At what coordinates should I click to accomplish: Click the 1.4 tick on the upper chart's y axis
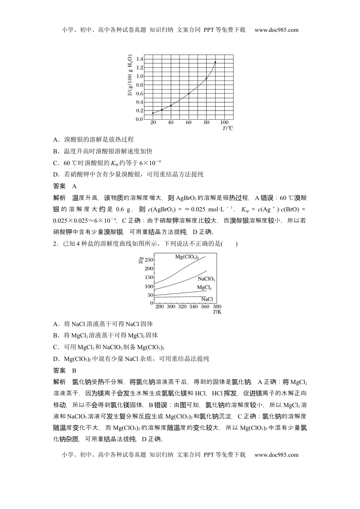(139, 59)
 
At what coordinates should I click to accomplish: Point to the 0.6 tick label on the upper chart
(139, 94)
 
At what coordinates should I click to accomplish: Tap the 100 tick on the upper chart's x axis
(224, 122)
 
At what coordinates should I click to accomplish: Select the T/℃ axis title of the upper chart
(228, 128)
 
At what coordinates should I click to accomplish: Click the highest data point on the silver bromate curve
(215, 62)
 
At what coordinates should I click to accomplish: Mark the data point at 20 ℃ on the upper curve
(153, 113)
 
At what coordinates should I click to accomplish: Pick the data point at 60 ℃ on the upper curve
(189, 94)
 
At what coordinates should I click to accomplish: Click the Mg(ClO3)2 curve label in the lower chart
(187, 257)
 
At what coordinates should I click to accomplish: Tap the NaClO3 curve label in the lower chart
(206, 279)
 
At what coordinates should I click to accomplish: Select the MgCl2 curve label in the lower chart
(204, 287)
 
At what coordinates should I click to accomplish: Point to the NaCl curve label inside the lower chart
(207, 299)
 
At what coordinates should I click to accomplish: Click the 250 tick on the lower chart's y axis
(149, 260)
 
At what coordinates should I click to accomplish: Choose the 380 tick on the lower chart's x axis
(217, 306)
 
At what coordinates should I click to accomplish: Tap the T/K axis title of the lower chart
(217, 312)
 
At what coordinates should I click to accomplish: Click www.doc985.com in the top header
(276, 30)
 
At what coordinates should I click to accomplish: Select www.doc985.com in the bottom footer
(276, 455)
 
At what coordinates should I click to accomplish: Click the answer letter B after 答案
(74, 370)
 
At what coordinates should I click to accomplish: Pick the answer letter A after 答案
(74, 186)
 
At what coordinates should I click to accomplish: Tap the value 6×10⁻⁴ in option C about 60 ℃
(150, 163)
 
